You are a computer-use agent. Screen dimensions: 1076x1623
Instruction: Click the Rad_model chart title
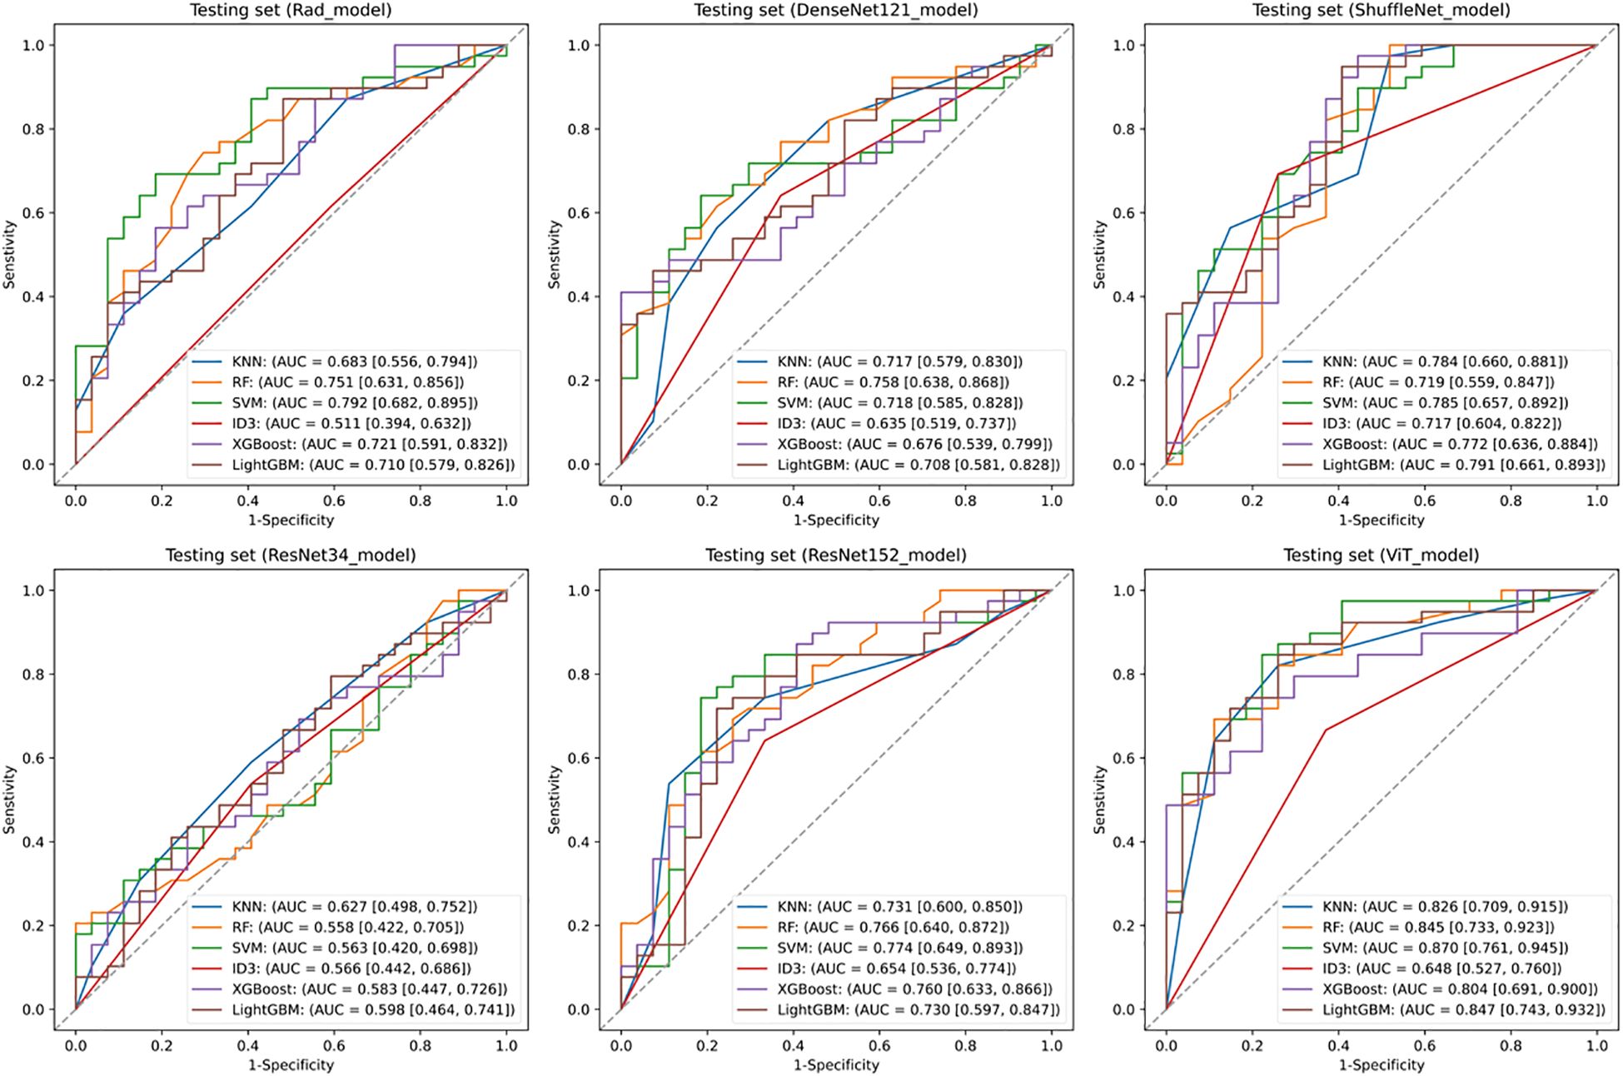(291, 11)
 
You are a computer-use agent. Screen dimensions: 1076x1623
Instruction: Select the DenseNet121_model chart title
(835, 11)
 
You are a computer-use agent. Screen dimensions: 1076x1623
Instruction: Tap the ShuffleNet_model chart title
(1381, 11)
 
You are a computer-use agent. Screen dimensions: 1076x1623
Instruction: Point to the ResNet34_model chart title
(291, 555)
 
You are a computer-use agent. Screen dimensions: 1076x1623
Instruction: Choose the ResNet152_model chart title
(835, 555)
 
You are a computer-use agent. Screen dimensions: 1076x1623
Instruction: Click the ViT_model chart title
(1381, 555)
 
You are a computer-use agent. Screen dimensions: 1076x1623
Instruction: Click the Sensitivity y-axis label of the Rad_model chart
(10, 254)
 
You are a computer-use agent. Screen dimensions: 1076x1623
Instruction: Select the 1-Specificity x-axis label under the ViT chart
(1381, 1064)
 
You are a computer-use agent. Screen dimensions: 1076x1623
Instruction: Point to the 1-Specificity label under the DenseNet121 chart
(835, 520)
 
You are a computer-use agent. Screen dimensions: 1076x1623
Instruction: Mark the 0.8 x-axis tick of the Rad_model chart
(421, 501)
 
